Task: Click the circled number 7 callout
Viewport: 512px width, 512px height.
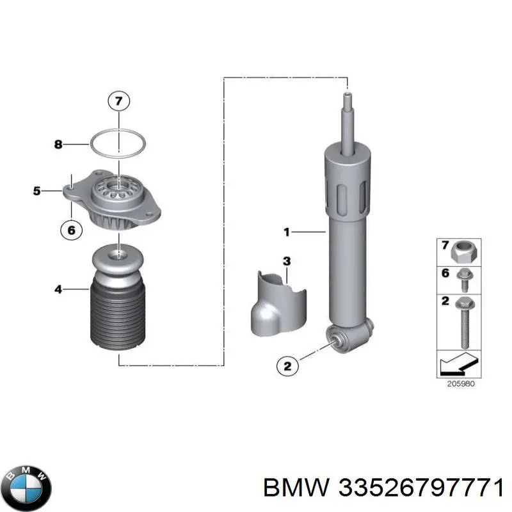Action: click(119, 101)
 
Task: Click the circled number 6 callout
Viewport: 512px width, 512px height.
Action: click(72, 230)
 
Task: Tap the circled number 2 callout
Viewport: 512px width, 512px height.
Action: click(287, 366)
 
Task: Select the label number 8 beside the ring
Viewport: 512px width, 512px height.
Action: click(58, 144)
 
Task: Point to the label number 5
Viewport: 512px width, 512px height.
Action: click(37, 191)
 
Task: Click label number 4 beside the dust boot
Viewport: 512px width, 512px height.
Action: click(58, 289)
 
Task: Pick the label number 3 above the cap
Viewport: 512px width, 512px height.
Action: click(287, 261)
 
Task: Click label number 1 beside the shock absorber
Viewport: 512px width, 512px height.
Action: click(287, 232)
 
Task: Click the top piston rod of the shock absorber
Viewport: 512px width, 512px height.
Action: click(348, 124)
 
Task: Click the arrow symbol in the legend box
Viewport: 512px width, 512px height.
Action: click(459, 364)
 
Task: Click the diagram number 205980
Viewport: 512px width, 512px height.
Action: click(461, 383)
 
